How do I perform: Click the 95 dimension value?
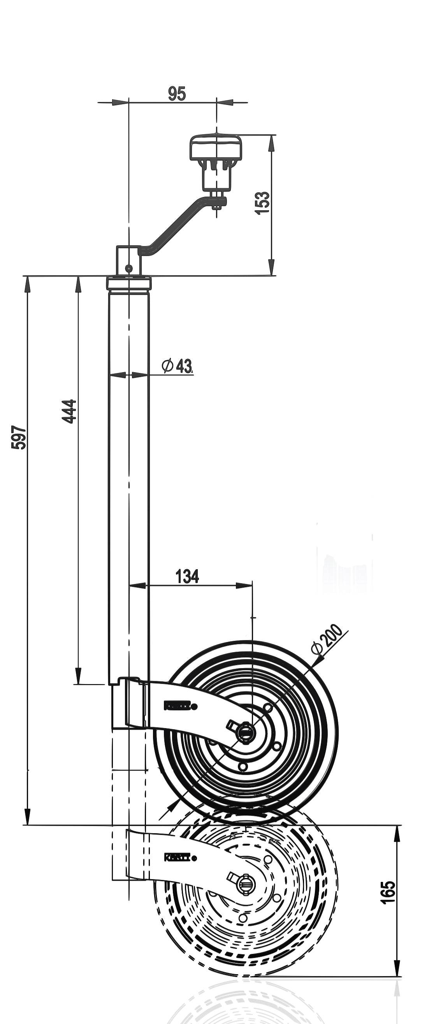coord(177,94)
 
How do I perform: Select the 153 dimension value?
coord(262,203)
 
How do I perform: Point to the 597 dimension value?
coord(19,438)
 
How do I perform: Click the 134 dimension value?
coord(187,576)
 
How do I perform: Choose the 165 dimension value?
coord(388,893)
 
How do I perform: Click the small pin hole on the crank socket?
coord(128,268)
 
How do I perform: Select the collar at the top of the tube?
coord(129,283)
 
